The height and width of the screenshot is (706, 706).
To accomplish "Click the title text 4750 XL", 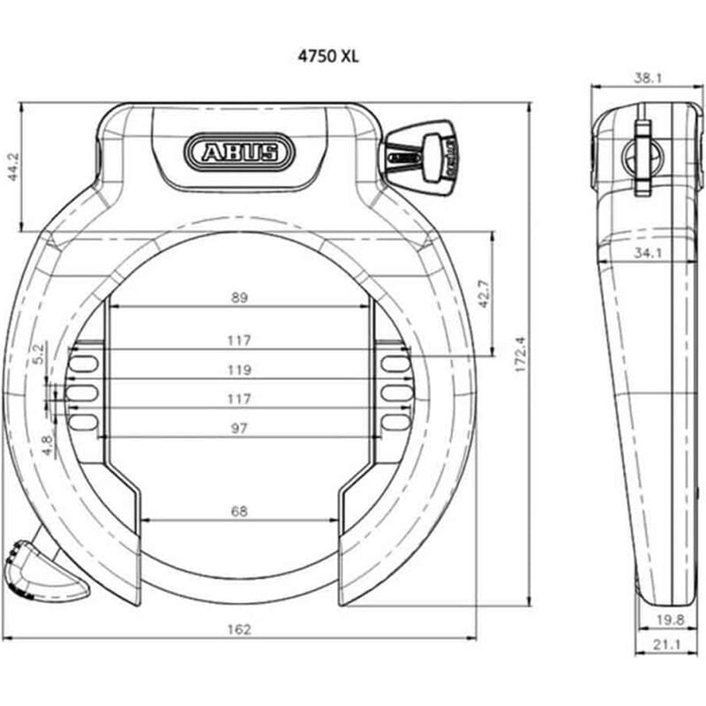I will click(x=327, y=55).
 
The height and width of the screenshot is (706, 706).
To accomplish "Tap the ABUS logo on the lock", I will click(x=237, y=152).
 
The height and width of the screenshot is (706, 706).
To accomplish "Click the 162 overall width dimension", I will click(x=239, y=629).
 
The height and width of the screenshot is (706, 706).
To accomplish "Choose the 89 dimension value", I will click(x=239, y=298).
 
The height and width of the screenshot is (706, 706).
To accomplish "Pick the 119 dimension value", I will click(x=239, y=370).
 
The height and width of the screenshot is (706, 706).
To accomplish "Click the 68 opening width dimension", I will click(x=239, y=510).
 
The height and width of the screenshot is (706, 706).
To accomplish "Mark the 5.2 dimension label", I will click(x=38, y=354).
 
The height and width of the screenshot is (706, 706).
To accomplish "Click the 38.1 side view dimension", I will click(x=648, y=78).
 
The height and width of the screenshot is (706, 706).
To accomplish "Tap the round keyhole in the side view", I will click(x=642, y=157).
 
